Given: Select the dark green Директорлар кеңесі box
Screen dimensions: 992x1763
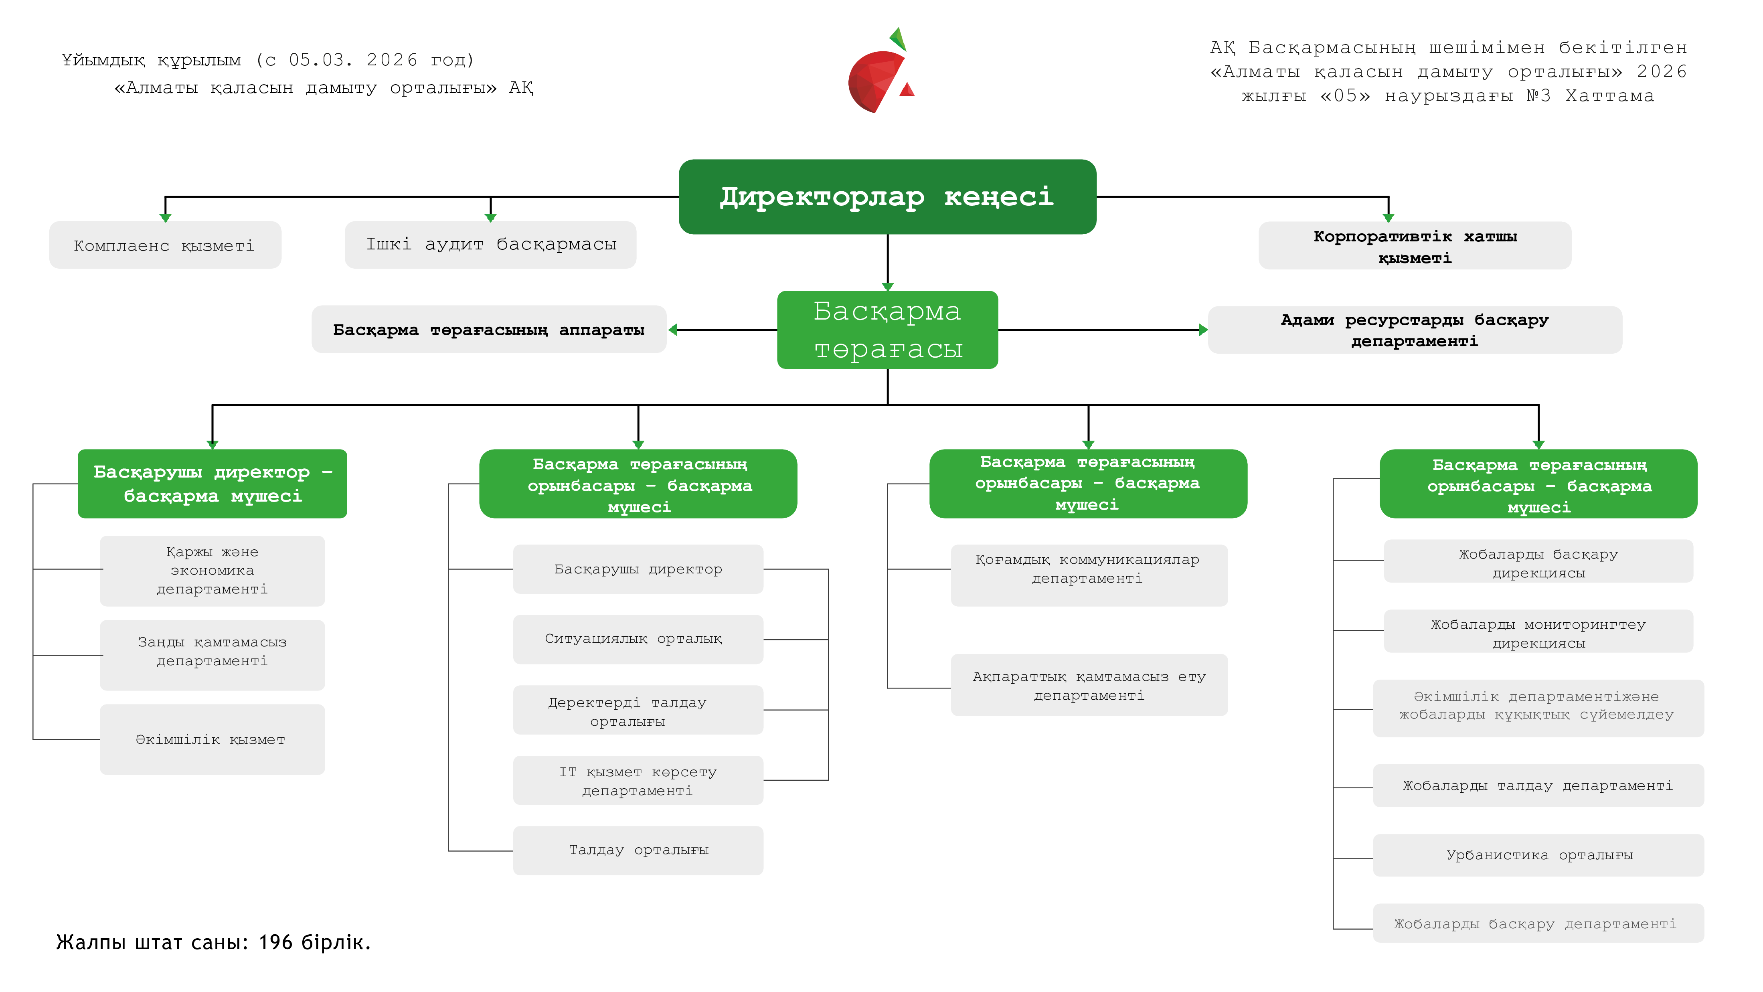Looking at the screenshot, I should point(887,197).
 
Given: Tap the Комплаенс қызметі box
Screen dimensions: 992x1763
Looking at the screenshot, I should point(165,245).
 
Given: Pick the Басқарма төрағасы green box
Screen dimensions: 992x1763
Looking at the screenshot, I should point(887,330).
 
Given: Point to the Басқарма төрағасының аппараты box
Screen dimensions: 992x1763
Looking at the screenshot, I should point(489,330).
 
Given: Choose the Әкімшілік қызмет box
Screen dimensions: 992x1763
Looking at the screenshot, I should point(212,739).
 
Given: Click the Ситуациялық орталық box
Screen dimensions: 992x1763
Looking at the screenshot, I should point(638,639).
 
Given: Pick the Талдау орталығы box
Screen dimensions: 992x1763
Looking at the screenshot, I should point(638,850).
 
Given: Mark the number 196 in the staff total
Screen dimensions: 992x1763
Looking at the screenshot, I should point(276,943).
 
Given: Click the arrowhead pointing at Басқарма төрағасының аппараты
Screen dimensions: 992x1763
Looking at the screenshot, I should point(674,330).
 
